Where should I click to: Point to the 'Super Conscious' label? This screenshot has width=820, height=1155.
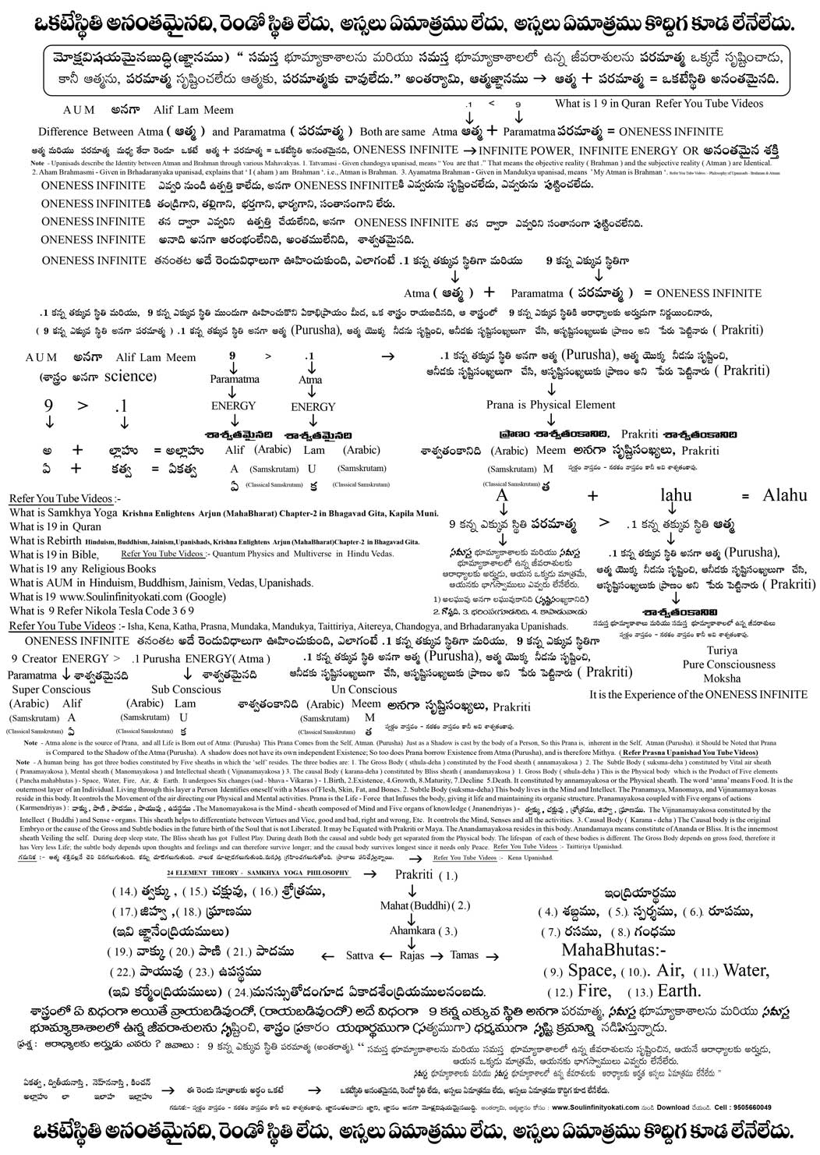51,689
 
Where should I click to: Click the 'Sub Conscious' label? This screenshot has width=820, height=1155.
186,689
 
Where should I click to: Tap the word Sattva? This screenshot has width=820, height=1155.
359,955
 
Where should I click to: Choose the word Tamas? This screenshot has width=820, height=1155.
465,955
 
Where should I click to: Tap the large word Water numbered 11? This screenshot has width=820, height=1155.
746,970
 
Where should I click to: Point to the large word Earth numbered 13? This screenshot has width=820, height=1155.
680,991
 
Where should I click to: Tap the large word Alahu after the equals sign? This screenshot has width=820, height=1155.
784,495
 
